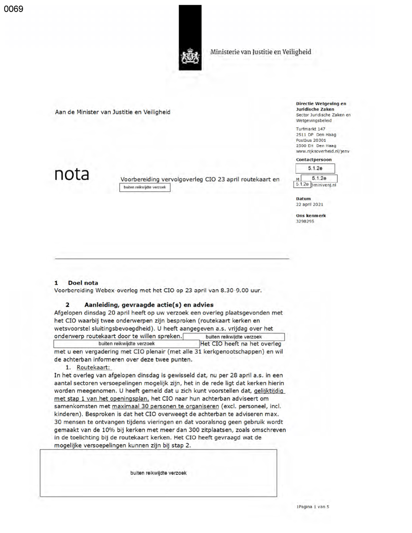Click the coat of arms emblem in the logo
(190, 56)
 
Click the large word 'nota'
(71, 174)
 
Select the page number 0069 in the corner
(14, 9)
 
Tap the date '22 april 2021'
(309, 204)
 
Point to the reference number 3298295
(305, 221)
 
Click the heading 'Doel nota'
(83, 283)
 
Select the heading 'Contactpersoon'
(313, 160)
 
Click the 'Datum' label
(303, 199)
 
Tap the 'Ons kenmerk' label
(311, 215)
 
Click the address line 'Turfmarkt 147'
(310, 129)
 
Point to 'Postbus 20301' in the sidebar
(311, 140)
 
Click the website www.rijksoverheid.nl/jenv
(322, 151)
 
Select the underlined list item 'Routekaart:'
(93, 367)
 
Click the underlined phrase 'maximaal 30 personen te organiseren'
(165, 406)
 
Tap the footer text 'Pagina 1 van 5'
(313, 507)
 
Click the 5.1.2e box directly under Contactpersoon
(315, 168)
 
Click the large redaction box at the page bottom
(158, 473)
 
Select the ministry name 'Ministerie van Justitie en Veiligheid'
(260, 52)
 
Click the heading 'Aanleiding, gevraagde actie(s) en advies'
(149, 305)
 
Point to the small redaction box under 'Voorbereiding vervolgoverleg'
(144, 187)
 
